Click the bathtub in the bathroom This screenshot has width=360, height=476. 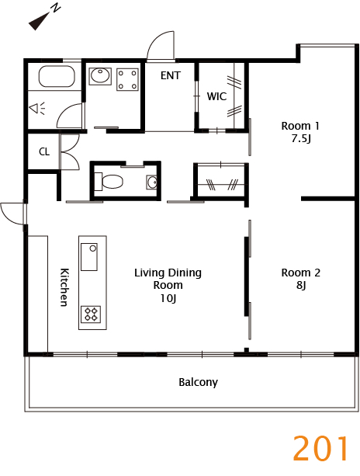(x=57, y=76)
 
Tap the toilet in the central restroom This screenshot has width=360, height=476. (x=109, y=182)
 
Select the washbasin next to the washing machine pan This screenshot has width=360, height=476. (x=100, y=76)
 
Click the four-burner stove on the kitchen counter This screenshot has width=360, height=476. (x=91, y=314)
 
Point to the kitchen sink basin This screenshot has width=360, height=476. (x=89, y=257)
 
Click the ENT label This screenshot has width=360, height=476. (x=171, y=75)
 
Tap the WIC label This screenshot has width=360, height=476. (x=216, y=96)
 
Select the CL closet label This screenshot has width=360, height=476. (x=44, y=151)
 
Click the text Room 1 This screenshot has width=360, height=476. (x=300, y=126)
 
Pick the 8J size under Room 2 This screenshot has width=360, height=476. (x=301, y=285)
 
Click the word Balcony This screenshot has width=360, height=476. (x=198, y=382)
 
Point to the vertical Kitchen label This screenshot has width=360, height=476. (x=64, y=287)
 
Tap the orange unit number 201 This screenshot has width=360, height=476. (x=321, y=448)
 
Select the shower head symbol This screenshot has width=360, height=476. (x=36, y=108)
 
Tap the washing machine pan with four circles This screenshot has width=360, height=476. (x=127, y=79)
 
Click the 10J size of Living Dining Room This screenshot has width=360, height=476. (x=168, y=299)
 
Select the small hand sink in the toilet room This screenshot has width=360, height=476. (x=151, y=182)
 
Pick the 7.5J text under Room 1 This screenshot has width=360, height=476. (x=301, y=139)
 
